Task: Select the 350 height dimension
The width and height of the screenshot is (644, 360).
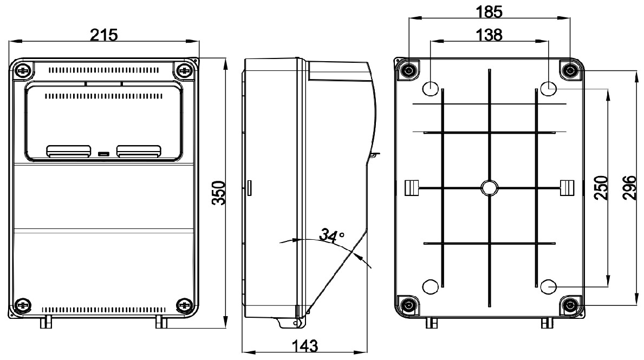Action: (218, 193)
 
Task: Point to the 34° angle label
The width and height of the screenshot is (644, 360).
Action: (331, 236)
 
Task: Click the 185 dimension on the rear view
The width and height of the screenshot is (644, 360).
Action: (489, 11)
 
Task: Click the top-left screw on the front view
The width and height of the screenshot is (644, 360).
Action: (23, 70)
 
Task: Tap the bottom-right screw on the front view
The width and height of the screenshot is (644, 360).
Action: (184, 305)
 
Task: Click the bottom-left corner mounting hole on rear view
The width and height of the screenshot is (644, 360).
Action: (407, 305)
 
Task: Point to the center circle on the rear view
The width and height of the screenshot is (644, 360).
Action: (489, 188)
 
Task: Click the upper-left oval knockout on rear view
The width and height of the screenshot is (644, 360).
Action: (431, 87)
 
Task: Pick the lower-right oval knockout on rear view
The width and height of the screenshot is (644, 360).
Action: (548, 285)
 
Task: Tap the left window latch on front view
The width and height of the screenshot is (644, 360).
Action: (68, 151)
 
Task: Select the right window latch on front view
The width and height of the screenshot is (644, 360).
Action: (139, 151)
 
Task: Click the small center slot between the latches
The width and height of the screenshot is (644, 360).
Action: (103, 154)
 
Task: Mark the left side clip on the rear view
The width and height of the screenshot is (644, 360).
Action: (412, 187)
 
